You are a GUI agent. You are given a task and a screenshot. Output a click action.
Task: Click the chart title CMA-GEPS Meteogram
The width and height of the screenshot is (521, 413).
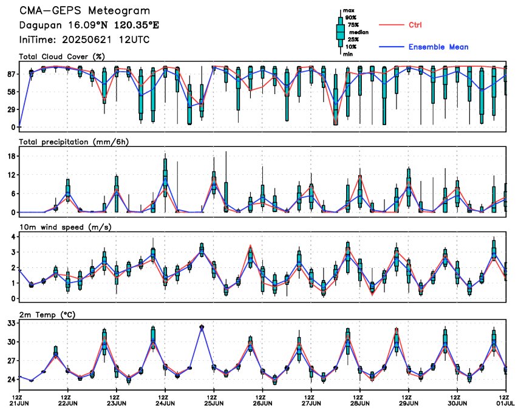click(84, 11)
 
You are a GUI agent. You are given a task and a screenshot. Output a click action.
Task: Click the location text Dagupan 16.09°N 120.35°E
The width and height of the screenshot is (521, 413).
click(89, 26)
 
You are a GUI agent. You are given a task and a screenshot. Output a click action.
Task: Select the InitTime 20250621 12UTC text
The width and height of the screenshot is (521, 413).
click(84, 40)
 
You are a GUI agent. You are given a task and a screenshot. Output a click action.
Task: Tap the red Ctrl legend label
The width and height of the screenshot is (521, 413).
click(415, 25)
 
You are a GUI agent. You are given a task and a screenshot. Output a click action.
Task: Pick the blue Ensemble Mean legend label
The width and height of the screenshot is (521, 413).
click(438, 47)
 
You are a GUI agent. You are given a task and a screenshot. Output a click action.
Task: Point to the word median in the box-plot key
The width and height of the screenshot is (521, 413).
click(359, 32)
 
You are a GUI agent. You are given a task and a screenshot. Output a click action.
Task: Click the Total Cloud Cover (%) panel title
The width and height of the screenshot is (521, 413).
click(62, 56)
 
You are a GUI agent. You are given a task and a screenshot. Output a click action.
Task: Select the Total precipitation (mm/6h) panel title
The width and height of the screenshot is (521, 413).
click(73, 142)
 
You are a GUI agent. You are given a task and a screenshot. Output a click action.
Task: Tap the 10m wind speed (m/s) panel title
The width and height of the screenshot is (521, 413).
click(66, 227)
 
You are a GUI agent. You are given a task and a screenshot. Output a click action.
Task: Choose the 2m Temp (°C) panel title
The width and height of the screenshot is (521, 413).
click(47, 315)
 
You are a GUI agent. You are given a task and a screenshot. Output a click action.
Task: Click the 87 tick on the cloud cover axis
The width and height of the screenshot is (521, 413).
click(12, 74)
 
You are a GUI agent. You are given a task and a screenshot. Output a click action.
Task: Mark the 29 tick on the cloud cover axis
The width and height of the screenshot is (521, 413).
click(12, 109)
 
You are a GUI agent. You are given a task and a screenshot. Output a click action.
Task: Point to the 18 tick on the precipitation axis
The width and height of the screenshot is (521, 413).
click(12, 156)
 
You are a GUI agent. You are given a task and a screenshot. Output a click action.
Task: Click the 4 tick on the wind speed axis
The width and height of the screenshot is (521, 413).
click(13, 237)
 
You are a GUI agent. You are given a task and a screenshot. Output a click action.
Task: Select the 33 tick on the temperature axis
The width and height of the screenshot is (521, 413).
click(12, 323)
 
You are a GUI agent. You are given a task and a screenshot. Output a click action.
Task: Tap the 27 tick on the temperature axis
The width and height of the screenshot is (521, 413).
click(12, 361)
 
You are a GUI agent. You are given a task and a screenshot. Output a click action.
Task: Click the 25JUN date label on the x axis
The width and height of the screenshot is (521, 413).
click(214, 403)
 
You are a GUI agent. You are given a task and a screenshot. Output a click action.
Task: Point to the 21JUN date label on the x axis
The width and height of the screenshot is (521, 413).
click(19, 403)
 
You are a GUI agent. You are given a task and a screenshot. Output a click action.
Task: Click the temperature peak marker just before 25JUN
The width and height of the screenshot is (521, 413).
click(202, 327)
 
